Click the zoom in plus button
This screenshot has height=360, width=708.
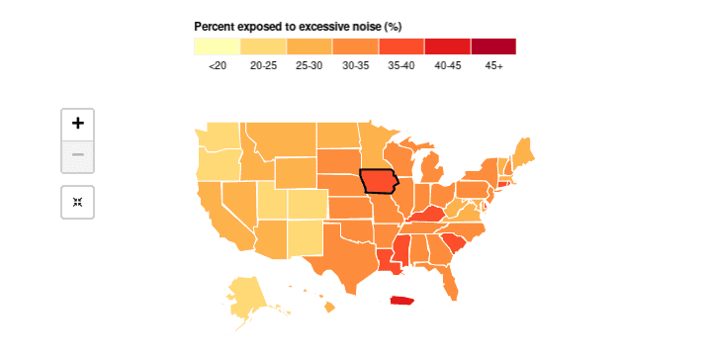pyautogui.click(x=78, y=124)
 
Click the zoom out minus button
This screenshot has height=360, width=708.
pyautogui.click(x=78, y=155)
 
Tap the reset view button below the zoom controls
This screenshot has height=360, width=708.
pyautogui.click(x=78, y=202)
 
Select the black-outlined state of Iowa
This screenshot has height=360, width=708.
pyautogui.click(x=378, y=182)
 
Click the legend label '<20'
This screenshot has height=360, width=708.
pyautogui.click(x=218, y=65)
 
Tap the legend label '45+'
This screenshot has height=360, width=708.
pyautogui.click(x=493, y=65)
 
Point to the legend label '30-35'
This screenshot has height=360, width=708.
pyautogui.click(x=356, y=65)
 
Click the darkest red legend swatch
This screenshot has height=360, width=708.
pyautogui.click(x=493, y=45)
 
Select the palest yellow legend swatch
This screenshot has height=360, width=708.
pyautogui.click(x=218, y=45)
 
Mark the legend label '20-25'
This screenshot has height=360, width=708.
pyautogui.click(x=264, y=65)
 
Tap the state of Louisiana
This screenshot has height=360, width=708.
pyautogui.click(x=388, y=263)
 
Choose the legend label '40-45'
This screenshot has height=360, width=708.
pyautogui.click(x=448, y=65)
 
